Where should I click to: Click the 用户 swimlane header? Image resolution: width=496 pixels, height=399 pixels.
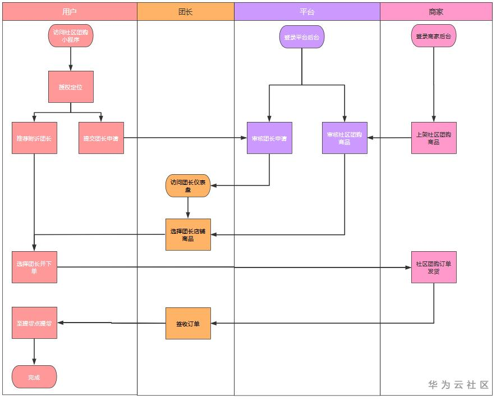[70, 11]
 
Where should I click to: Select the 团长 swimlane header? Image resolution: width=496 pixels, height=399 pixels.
[185, 11]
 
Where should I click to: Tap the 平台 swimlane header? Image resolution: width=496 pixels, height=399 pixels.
[307, 11]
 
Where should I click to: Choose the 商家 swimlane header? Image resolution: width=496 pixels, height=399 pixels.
[436, 11]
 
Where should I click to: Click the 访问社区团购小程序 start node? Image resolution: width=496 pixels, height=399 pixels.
[71, 36]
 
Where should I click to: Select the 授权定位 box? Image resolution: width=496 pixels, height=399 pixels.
[71, 87]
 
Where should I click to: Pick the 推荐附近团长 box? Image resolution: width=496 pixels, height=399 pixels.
[34, 138]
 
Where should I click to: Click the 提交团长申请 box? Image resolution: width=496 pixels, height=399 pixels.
[101, 138]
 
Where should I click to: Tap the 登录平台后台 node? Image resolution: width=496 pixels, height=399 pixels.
[301, 37]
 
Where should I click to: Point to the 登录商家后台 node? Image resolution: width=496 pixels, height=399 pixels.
[433, 36]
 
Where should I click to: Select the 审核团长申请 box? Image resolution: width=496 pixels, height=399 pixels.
[269, 138]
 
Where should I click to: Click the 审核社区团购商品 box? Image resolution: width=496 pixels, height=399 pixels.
[345, 138]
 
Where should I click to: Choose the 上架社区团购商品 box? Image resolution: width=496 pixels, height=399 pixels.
[434, 138]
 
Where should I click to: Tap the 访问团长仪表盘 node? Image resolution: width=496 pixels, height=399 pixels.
[188, 186]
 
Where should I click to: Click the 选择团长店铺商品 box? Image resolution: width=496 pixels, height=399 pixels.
[188, 234]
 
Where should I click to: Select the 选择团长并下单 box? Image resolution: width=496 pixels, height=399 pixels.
[34, 267]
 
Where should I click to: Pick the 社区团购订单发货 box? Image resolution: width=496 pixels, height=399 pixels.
[434, 267]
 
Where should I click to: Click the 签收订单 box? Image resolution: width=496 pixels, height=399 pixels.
[188, 323]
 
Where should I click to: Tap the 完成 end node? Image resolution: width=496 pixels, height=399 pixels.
[34, 377]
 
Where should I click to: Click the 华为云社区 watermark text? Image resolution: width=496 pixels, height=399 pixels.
[458, 385]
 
